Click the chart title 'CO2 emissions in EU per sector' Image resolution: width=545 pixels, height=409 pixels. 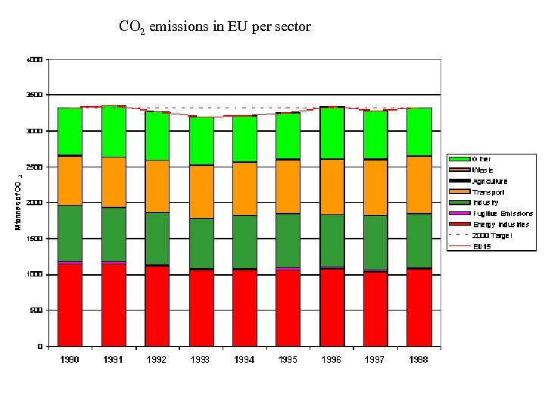215,27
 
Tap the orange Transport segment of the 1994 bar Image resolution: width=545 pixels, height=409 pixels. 244,189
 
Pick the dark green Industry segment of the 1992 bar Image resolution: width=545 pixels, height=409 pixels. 157,238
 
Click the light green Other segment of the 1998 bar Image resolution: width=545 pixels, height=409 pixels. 419,132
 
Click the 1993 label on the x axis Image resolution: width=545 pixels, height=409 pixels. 201,360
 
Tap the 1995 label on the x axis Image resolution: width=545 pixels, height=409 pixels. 288,360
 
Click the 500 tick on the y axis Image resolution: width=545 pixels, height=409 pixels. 36,310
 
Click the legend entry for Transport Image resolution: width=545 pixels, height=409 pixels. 488,192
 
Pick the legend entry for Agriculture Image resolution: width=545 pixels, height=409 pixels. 490,181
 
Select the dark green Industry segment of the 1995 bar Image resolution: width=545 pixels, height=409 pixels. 288,240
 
